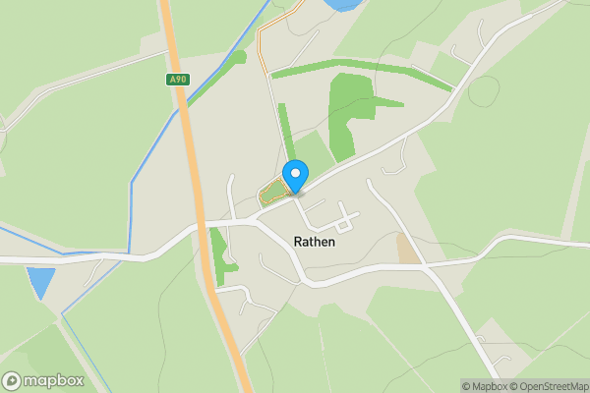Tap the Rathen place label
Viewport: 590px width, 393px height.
[x=314, y=241]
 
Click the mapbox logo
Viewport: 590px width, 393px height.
[x=43, y=380]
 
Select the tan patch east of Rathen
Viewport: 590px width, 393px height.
[x=406, y=249]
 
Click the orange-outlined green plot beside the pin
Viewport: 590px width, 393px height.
[x=272, y=193]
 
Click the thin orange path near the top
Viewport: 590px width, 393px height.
[x=262, y=44]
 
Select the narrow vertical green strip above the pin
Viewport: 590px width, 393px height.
[x=285, y=133]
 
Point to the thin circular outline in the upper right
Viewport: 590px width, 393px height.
[x=483, y=91]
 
